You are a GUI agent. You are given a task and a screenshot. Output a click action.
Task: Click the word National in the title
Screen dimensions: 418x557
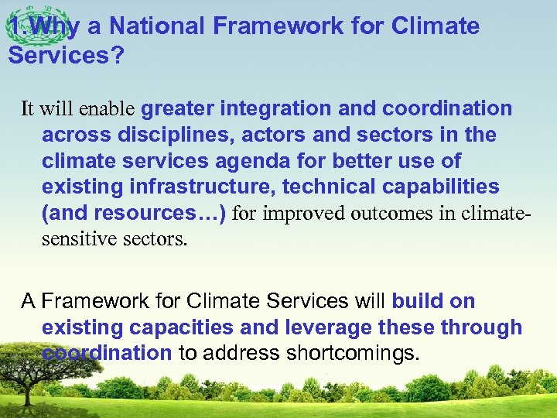158,26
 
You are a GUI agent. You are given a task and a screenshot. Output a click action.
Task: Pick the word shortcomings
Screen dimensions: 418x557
351,354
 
